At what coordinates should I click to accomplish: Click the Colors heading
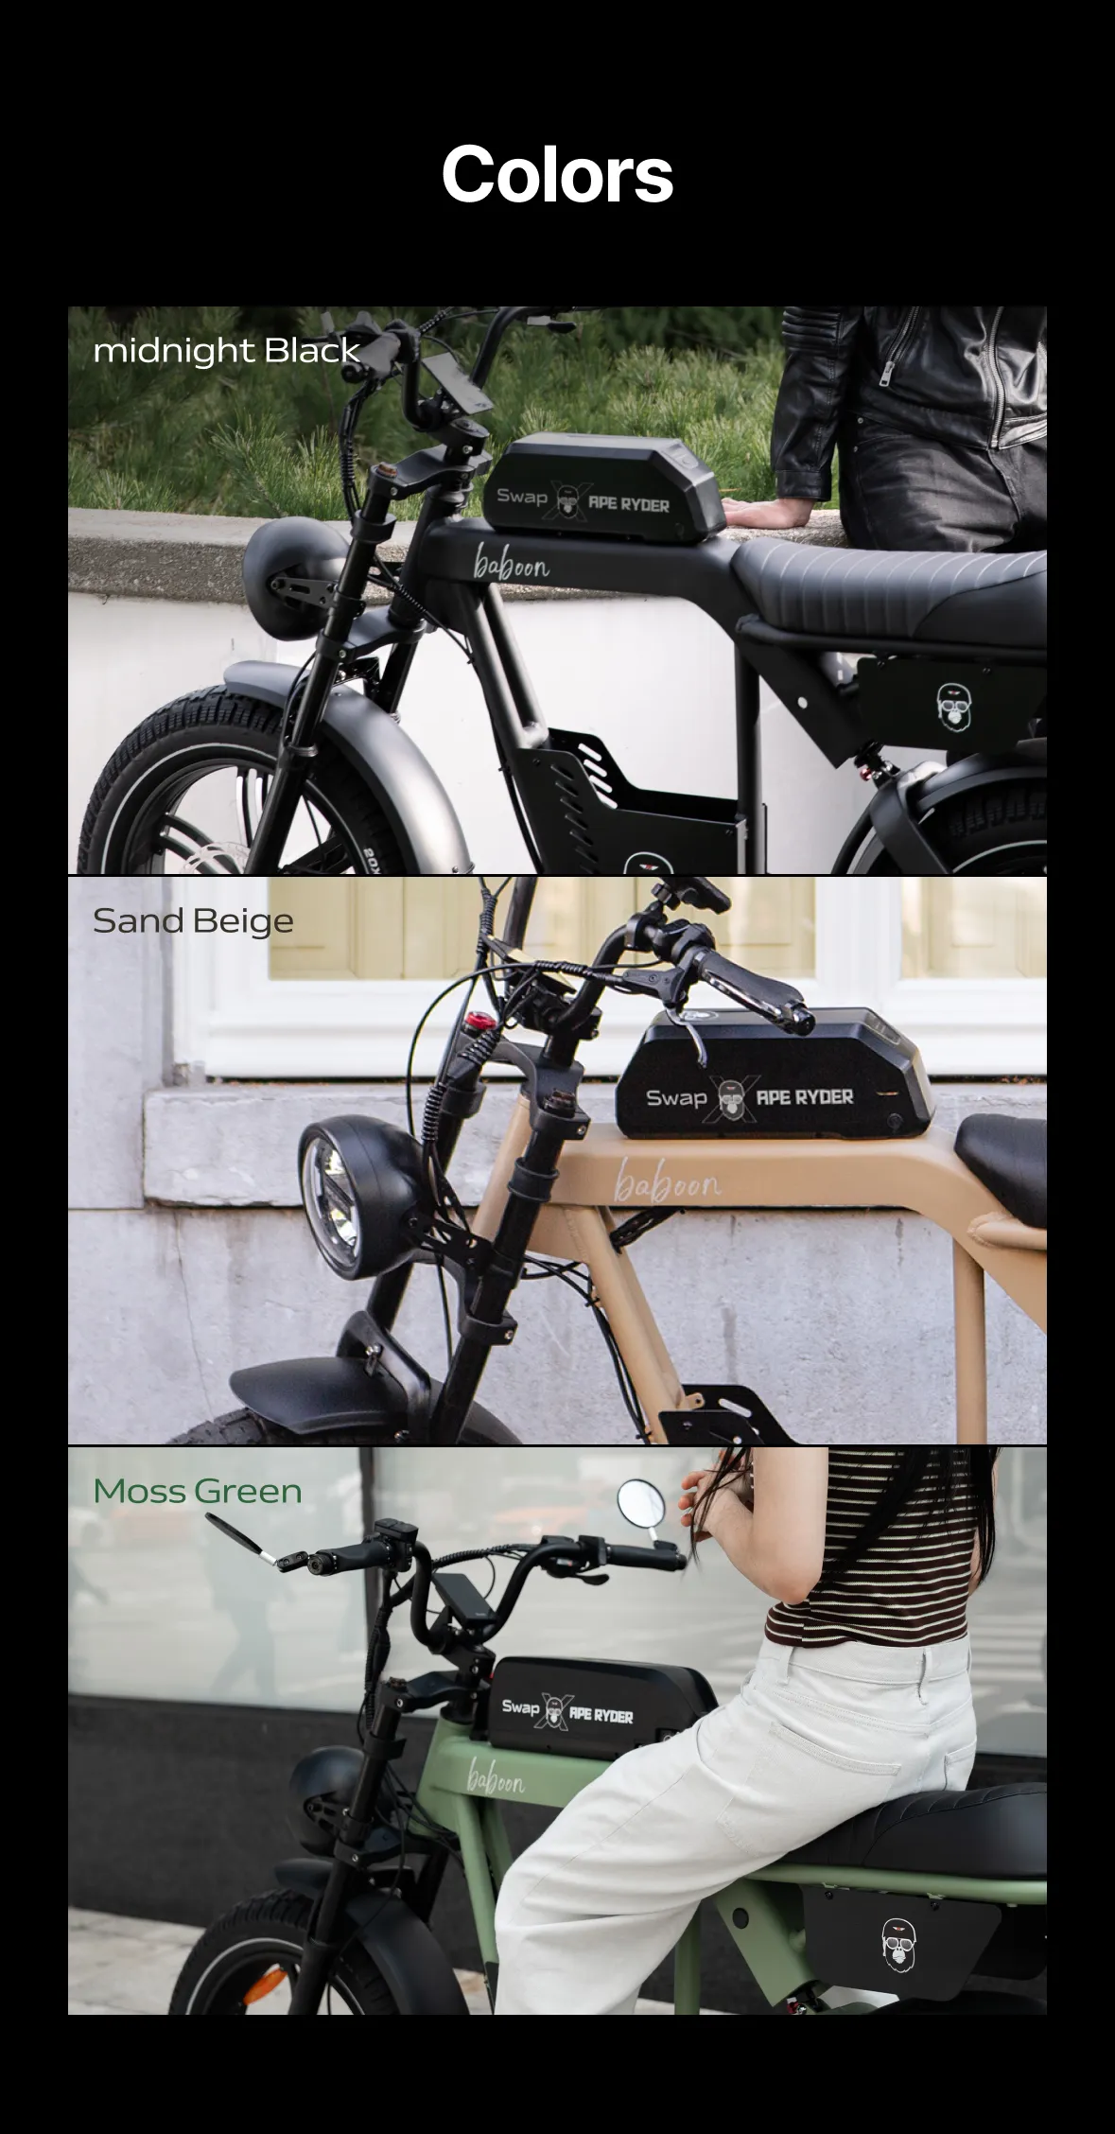coord(557,175)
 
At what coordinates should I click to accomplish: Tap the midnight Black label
coord(227,351)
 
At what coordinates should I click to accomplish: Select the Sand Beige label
coord(193,921)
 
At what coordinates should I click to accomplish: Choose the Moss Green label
coord(198,1492)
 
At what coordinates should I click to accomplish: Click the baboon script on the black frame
coord(511,568)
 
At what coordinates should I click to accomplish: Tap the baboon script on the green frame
coord(496,1776)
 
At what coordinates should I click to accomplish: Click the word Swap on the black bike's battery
coord(522,496)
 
